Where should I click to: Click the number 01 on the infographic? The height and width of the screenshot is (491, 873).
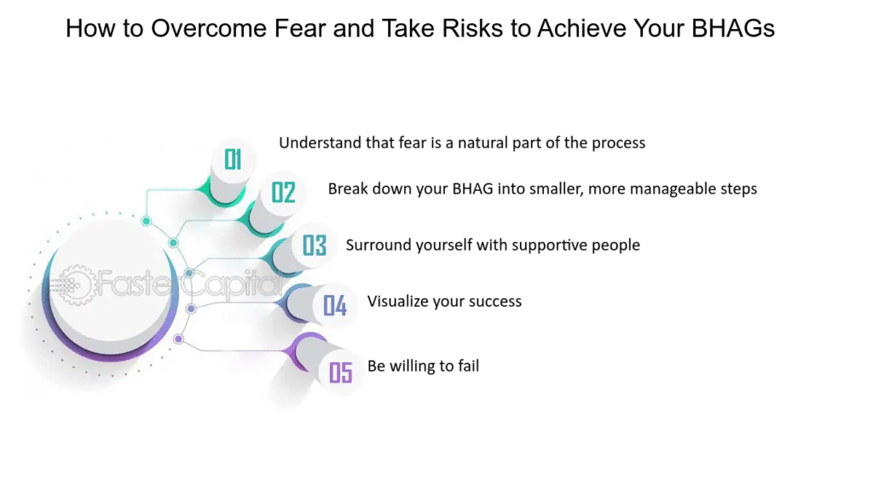click(233, 159)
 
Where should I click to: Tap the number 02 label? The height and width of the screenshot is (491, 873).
click(283, 193)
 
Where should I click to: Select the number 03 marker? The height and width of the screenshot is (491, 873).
click(314, 245)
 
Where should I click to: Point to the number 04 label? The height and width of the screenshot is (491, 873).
click(335, 306)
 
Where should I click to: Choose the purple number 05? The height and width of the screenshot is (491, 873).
click(341, 373)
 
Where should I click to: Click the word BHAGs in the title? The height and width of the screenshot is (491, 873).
click(732, 28)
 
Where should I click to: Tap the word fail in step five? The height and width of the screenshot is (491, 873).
click(468, 366)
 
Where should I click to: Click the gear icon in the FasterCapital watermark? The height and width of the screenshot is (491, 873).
click(75, 285)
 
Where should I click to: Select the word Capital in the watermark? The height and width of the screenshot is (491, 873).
click(233, 284)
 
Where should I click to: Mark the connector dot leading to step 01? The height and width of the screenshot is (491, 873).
click(147, 221)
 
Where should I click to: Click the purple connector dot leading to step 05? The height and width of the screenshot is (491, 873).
click(179, 338)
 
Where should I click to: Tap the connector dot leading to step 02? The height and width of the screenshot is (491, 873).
click(174, 243)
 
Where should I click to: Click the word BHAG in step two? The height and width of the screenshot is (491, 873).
click(472, 189)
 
